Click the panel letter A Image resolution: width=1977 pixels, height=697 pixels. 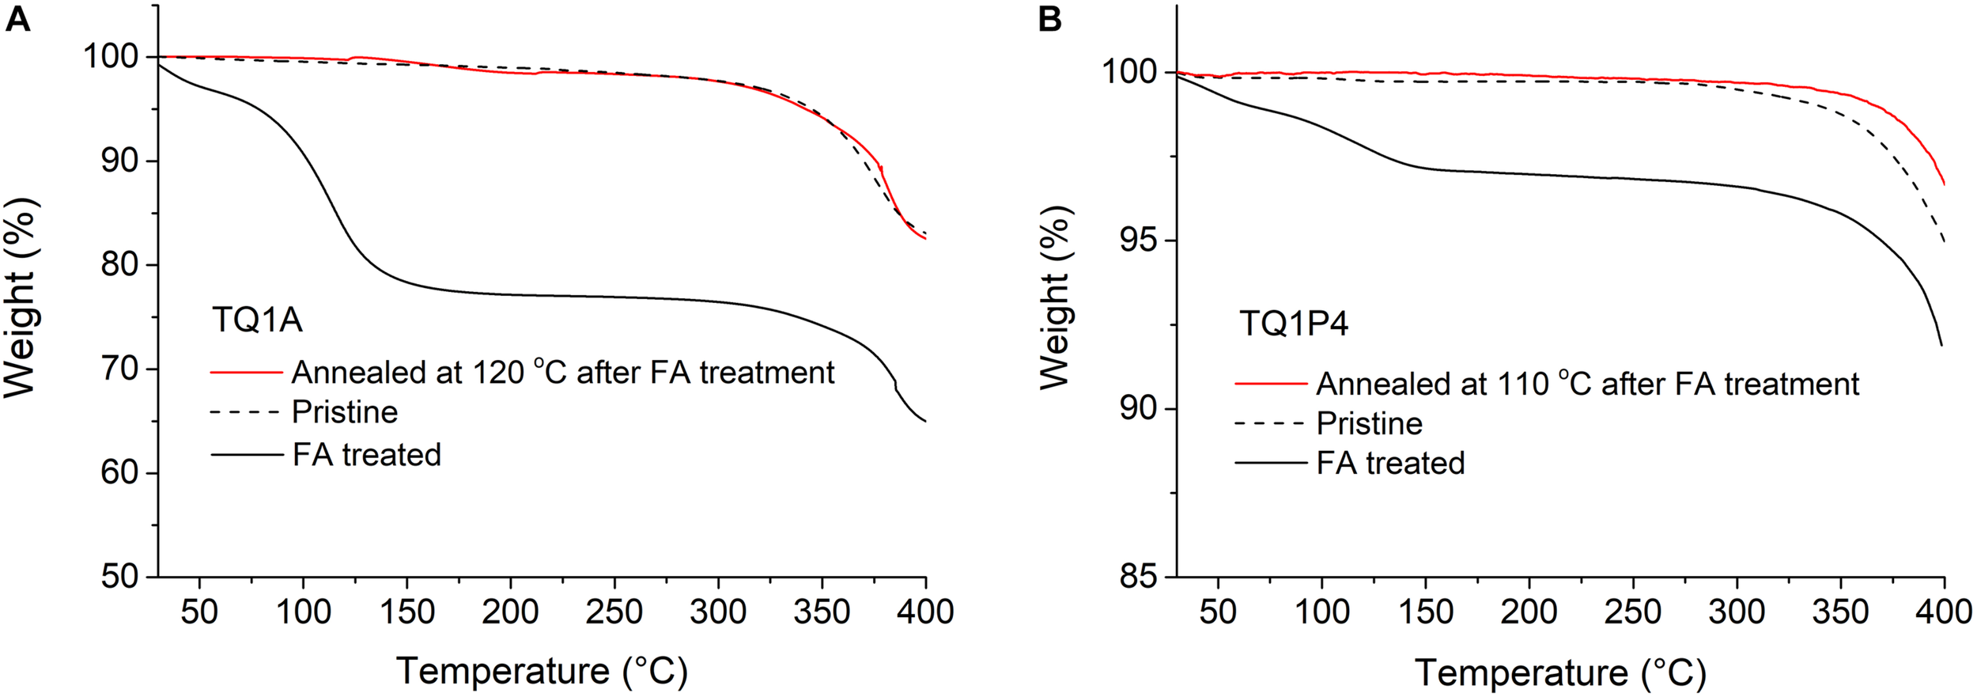[x=17, y=19]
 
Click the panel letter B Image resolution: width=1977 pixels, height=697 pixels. [x=1049, y=19]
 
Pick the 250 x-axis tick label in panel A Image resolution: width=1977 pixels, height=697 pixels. [x=614, y=612]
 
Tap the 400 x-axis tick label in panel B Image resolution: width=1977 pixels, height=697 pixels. [x=1943, y=612]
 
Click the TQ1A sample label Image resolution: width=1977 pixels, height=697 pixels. [x=258, y=320]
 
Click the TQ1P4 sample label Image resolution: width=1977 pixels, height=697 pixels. [x=1294, y=324]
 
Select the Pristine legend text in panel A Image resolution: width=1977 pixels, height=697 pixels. [x=345, y=412]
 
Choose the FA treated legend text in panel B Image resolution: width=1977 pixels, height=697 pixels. [x=1390, y=464]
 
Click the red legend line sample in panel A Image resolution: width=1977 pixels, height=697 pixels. [x=246, y=372]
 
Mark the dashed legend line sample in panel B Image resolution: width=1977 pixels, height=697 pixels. [x=1270, y=424]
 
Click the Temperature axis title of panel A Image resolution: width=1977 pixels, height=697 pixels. [x=542, y=671]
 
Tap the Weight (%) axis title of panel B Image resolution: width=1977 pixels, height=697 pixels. [x=1055, y=297]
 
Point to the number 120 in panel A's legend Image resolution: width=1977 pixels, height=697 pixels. [x=498, y=373]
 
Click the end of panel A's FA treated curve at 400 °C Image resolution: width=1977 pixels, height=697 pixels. [x=924, y=421]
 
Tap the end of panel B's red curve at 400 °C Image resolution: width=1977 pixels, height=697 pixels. [x=1943, y=184]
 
